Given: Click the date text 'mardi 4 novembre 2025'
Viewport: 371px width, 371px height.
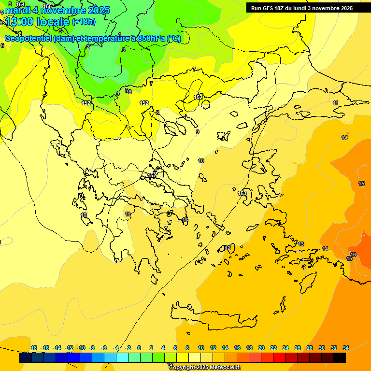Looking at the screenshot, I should pos(57,10).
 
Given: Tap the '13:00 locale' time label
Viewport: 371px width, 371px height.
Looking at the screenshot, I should pos(38,22).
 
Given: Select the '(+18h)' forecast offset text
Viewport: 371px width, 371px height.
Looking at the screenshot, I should pos(84,21).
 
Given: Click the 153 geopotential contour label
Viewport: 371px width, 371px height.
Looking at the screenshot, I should pos(242,193).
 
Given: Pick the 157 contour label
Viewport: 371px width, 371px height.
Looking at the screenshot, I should pos(152,175).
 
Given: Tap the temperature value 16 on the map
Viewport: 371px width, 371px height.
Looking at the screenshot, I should pos(353,255).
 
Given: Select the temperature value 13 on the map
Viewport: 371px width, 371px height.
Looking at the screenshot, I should pos(301,244).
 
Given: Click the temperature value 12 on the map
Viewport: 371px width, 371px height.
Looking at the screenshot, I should pos(227,248).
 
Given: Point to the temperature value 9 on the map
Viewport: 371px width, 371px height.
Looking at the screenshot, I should pos(198,132).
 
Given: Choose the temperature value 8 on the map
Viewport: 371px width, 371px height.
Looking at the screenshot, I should pos(157,113).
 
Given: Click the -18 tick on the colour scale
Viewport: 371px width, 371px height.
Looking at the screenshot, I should pos(33,348).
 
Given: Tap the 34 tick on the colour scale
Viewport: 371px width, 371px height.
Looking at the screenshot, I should pos(346,348).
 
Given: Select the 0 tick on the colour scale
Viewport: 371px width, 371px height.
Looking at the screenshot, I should pos(139,348).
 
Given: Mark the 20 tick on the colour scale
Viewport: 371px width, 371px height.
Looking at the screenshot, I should pos(261,348).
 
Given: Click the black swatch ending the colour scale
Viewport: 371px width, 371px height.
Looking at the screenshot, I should pos(340,358).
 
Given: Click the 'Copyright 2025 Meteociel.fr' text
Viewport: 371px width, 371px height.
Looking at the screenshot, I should pos(205,368).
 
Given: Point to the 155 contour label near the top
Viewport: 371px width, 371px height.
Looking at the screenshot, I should pos(48,6).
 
